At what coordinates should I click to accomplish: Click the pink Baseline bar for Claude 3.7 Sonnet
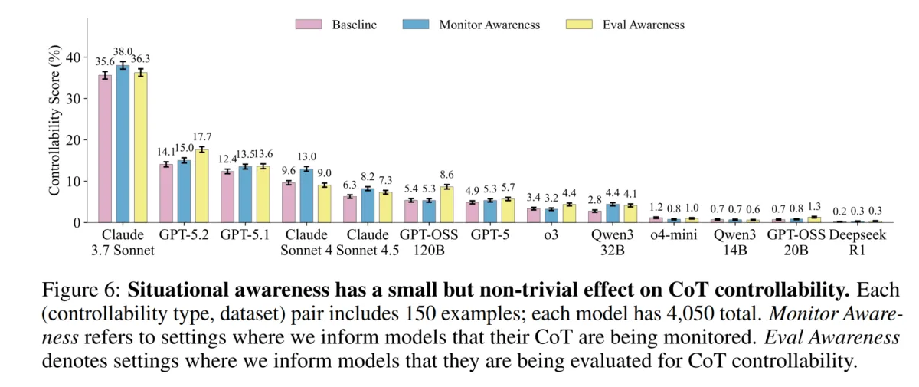click(105, 149)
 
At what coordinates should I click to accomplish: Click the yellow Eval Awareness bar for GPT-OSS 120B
click(446, 205)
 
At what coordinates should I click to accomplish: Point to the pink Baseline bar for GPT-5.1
click(227, 197)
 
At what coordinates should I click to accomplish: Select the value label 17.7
click(203, 136)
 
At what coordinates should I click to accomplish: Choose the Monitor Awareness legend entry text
click(489, 25)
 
